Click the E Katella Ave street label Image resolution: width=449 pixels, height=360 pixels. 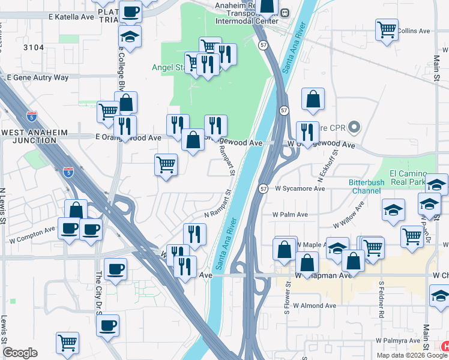[x=67, y=17]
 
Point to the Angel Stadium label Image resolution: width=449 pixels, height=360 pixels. [x=161, y=68]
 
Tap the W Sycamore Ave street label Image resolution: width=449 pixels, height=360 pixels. [x=300, y=188]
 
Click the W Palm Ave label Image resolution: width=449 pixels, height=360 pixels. [x=290, y=214]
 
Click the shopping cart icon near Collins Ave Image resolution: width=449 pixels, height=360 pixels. [x=387, y=28]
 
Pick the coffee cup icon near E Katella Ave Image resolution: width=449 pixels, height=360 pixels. [x=130, y=10]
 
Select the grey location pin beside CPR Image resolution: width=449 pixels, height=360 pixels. [x=354, y=127]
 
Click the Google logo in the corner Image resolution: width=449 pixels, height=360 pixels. [x=20, y=353]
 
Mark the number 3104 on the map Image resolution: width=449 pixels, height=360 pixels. [x=35, y=46]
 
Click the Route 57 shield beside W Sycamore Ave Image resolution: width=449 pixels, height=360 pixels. [x=263, y=188]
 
